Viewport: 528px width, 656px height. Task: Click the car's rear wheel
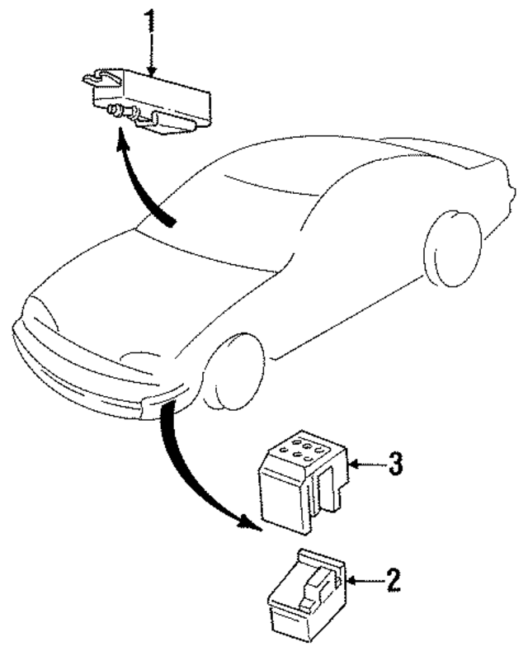451,248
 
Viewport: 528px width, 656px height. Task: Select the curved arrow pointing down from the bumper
190,470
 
